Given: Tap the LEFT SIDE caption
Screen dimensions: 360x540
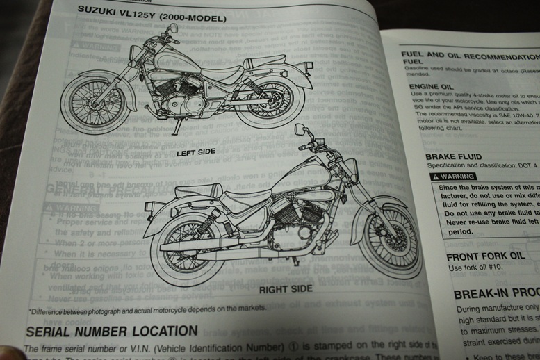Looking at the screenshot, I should tap(195, 152).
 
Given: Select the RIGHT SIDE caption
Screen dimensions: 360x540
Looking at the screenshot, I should tap(286, 289).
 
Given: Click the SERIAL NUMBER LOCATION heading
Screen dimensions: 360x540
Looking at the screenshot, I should tap(112, 331).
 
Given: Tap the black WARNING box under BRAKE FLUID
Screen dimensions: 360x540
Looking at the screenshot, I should tap(453, 177).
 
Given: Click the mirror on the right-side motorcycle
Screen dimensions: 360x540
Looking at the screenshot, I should tap(299, 130).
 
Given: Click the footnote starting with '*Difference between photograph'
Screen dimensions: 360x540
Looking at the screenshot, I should tap(147, 309).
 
